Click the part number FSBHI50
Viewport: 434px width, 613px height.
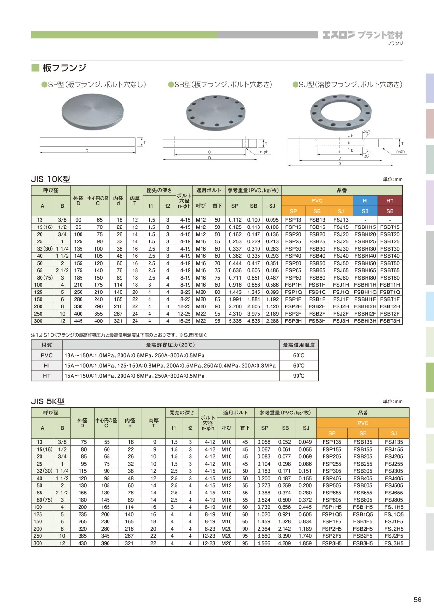365,263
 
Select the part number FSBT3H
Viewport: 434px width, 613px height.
390,321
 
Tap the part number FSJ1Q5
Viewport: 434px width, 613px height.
394,514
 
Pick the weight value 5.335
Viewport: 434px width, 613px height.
235,321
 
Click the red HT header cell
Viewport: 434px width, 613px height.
390,201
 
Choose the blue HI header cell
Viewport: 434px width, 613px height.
365,201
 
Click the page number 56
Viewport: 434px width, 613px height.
417,600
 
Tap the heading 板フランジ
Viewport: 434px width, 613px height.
64,67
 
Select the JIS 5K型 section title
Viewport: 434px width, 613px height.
48,401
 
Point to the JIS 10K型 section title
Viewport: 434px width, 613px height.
51,179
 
